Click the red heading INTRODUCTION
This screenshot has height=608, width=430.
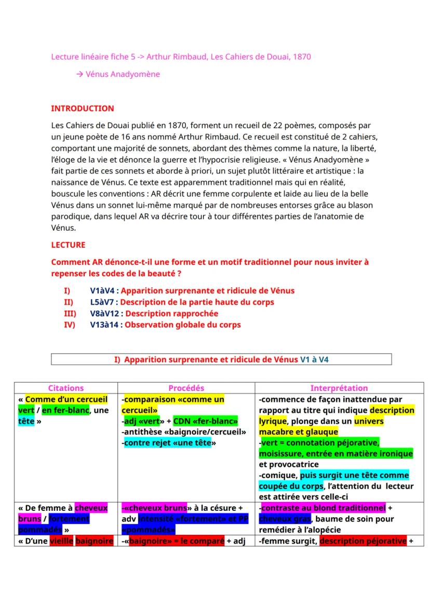tap(82, 109)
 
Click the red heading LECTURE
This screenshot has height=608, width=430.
tap(68, 245)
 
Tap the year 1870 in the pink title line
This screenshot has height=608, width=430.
tap(302, 57)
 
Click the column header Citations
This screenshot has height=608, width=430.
tap(66, 388)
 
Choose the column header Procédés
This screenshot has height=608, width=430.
tap(186, 388)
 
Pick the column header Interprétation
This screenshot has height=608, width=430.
tap(339, 388)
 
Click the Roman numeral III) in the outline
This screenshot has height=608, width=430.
tap(70, 314)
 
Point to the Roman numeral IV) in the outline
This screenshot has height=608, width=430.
tap(70, 325)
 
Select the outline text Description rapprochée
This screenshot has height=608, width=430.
tap(171, 314)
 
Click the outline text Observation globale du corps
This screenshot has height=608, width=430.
tap(183, 325)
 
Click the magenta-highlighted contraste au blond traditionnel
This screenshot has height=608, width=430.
tap(323, 508)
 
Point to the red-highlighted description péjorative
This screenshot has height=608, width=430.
tap(362, 541)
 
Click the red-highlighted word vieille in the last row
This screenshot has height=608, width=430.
tap(61, 541)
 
